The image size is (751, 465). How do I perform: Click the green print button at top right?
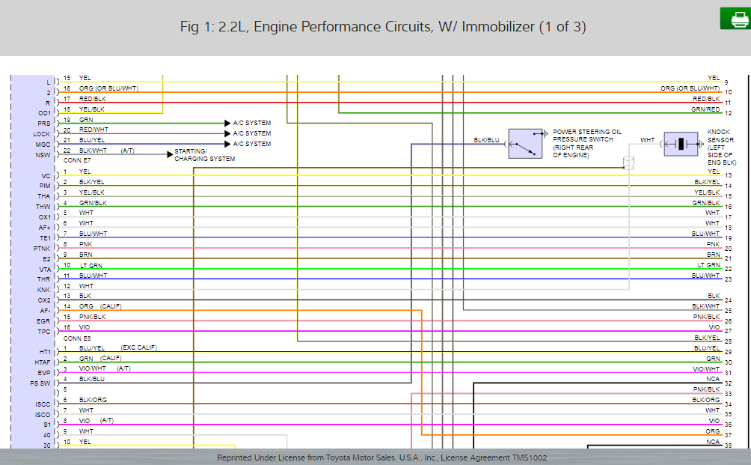[735, 19]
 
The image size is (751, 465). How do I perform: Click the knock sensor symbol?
[681, 144]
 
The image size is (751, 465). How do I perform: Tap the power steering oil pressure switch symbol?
[526, 143]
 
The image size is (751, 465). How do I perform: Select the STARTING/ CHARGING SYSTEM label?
[204, 155]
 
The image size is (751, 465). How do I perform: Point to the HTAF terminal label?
[42, 362]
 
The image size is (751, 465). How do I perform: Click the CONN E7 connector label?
[78, 160]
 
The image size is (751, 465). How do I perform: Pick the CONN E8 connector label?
[78, 338]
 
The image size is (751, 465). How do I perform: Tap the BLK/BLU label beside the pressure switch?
[486, 140]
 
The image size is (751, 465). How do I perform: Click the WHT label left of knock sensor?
[647, 140]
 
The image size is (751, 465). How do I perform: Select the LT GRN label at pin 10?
[91, 265]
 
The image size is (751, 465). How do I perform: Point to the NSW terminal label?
[43, 155]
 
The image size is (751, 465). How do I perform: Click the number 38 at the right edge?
[729, 446]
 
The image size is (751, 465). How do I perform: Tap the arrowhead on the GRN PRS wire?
[227, 123]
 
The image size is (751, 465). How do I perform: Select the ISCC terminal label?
[43, 404]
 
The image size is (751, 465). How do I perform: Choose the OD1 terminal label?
[43, 113]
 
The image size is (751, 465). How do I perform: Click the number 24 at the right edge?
[729, 300]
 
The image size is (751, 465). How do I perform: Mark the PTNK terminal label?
[42, 248]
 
